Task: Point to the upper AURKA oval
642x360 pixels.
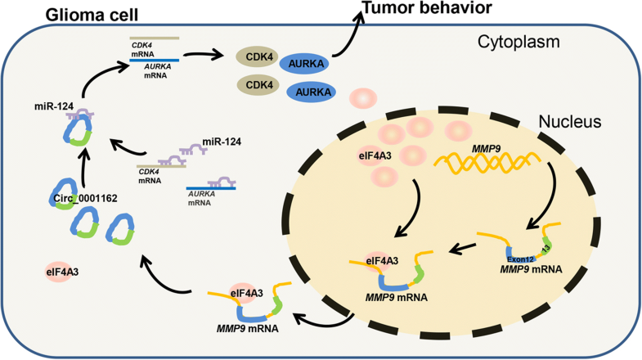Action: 308,65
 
